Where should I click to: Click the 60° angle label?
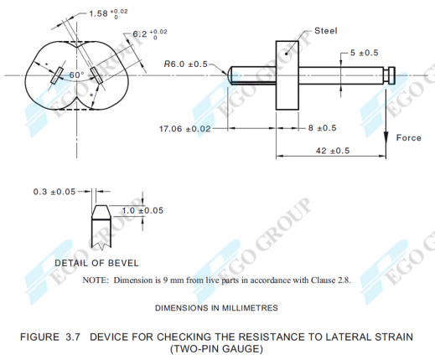point(77,75)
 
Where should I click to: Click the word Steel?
point(325,31)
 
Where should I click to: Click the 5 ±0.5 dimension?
point(362,53)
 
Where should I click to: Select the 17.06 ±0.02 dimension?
point(184,129)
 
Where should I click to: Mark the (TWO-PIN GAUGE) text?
point(217,347)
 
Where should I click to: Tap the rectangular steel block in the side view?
point(287,75)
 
